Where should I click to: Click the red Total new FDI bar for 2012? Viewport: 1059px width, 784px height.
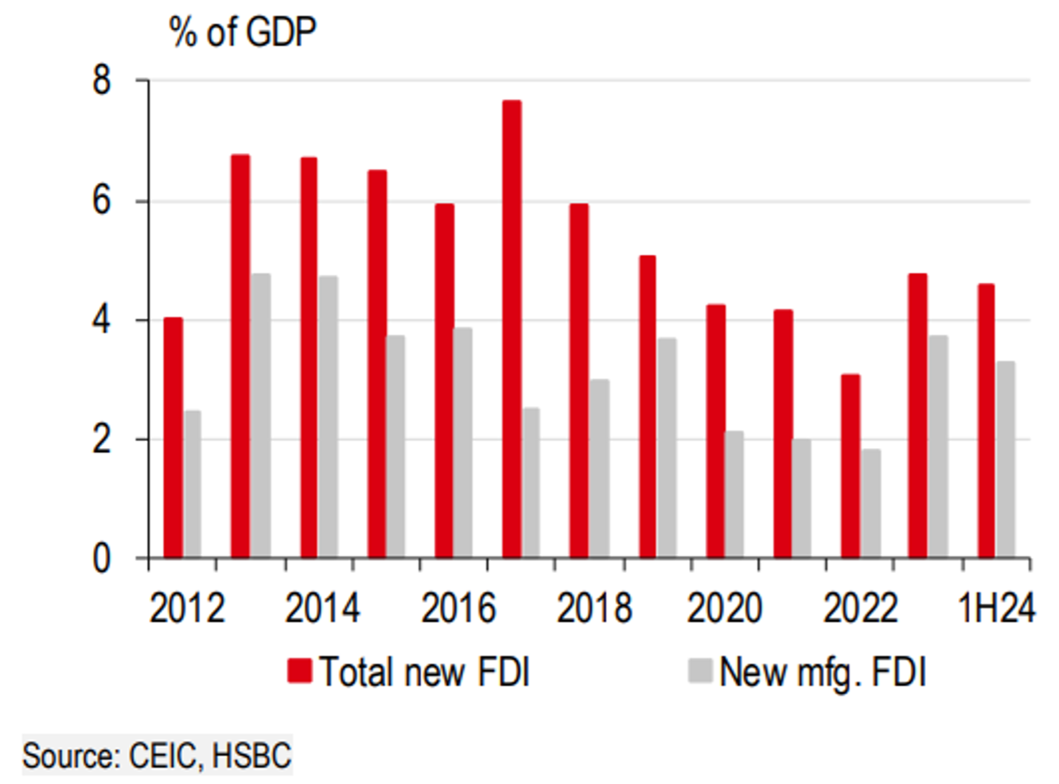click(173, 438)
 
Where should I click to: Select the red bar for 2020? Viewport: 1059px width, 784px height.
click(715, 431)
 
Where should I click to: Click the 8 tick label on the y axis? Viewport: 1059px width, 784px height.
click(102, 80)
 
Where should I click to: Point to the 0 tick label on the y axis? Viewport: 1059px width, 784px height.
click(102, 558)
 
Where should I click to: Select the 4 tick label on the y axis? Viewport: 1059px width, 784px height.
click(102, 320)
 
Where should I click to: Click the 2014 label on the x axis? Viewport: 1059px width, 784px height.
click(322, 609)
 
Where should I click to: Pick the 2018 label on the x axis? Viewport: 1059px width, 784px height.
click(594, 609)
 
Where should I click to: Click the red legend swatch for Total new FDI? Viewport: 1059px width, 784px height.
click(299, 671)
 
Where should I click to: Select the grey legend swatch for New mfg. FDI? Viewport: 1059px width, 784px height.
click(699, 670)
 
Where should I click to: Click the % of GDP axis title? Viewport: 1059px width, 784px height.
click(243, 33)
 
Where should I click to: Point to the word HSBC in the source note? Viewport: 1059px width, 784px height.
click(252, 755)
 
